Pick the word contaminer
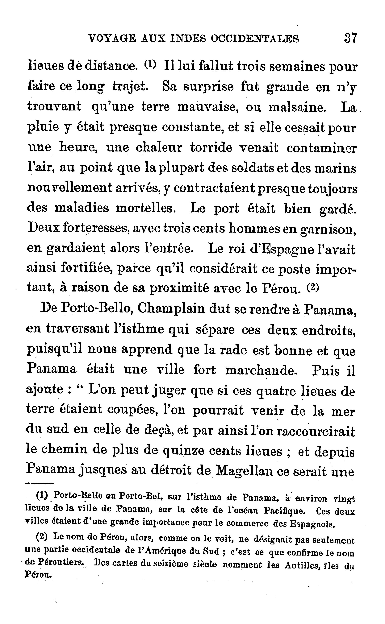click(322, 148)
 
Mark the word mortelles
click(146, 208)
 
